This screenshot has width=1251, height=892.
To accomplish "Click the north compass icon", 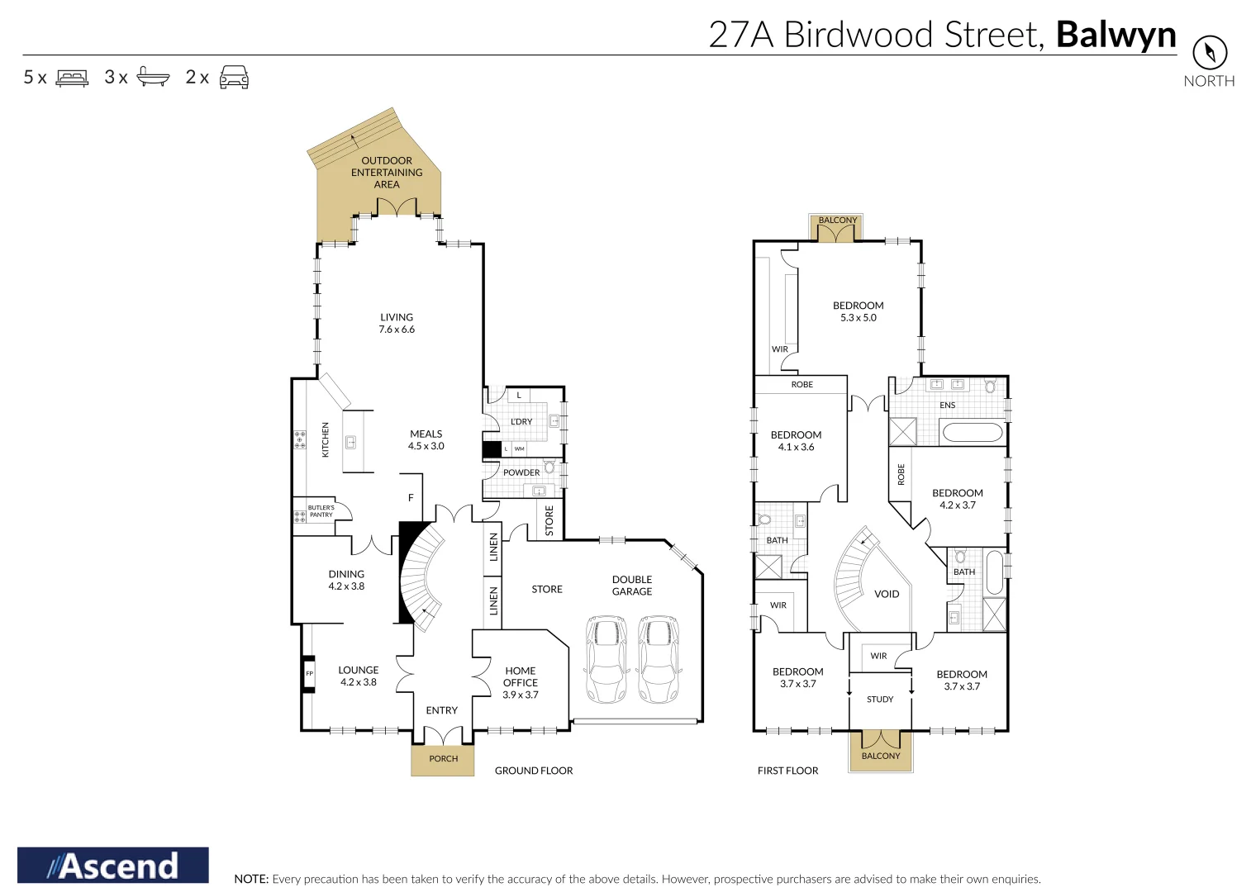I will [1209, 53].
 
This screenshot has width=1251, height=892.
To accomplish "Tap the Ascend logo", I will [113, 866].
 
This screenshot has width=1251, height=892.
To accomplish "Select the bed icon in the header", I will [72, 78].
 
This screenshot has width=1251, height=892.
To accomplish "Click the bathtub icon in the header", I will [153, 77].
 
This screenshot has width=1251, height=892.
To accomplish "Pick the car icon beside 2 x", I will [234, 77].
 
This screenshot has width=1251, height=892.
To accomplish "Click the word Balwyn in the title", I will [1115, 35].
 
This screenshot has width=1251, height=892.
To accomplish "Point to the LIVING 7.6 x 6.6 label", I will [397, 323].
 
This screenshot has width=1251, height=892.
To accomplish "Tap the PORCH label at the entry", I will [443, 758].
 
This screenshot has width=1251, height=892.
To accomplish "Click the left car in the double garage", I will [606, 658].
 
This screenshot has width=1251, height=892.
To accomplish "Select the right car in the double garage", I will [659, 658].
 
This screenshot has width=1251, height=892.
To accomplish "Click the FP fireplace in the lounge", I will [309, 673].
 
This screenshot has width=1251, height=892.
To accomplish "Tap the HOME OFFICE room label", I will [521, 682].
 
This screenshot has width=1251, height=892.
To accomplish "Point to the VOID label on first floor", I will [887, 594].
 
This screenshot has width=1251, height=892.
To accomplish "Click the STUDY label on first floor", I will [880, 699].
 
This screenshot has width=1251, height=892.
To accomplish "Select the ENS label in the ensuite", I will [947, 405].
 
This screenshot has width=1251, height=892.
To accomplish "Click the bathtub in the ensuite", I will [973, 432].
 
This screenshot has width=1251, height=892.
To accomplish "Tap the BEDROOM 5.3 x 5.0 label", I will [859, 311].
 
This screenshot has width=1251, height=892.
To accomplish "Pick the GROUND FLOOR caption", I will [534, 771].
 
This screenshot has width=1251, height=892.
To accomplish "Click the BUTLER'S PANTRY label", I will [321, 511].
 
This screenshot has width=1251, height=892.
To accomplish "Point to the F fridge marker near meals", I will [411, 497].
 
